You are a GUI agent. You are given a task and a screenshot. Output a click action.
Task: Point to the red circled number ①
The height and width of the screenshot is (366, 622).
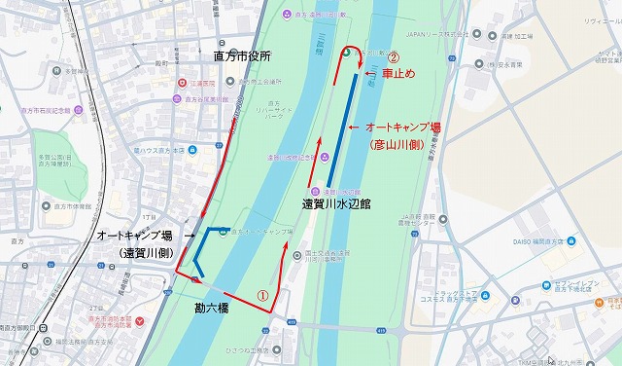[260, 292]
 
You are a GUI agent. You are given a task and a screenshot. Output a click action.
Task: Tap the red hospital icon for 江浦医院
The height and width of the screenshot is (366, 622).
[181, 84]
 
